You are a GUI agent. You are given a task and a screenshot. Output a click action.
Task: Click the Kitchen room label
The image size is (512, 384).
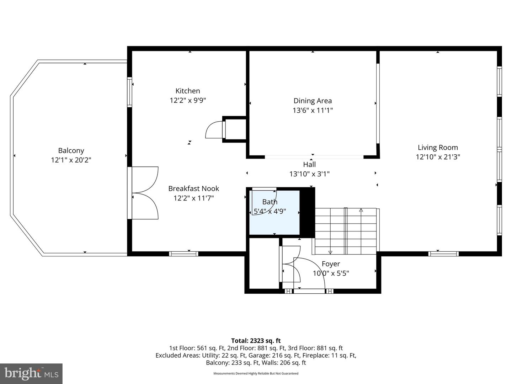click(188, 91)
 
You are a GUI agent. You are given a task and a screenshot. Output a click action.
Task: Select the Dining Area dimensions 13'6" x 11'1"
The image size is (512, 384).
click(313, 111)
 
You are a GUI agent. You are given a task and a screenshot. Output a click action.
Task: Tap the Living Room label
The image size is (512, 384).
click(438, 148)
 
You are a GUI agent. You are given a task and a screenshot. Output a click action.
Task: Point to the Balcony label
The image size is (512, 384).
click(71, 151)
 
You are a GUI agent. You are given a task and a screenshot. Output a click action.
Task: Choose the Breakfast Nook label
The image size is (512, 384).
click(193, 189)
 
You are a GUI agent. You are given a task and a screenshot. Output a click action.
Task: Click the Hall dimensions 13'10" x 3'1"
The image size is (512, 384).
click(309, 174)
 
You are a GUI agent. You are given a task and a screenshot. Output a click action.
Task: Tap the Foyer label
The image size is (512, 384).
click(331, 264)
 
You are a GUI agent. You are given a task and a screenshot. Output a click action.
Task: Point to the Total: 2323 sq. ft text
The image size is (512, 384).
click(256, 341)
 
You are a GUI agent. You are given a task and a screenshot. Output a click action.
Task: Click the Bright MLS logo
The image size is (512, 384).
click(31, 373)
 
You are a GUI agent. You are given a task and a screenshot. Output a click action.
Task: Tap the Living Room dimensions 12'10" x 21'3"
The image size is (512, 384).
click(438, 157)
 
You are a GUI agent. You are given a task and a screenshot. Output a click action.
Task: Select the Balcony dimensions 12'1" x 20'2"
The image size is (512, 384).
click(71, 160)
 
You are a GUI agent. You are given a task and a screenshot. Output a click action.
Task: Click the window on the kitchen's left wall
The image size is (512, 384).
click(130, 92)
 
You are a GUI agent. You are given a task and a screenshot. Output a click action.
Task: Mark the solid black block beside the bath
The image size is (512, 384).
click(308, 213)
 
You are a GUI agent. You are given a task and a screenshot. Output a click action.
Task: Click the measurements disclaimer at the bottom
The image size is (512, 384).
click(256, 373)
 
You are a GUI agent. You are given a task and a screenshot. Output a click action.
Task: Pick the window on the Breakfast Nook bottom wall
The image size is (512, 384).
click(183, 254)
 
